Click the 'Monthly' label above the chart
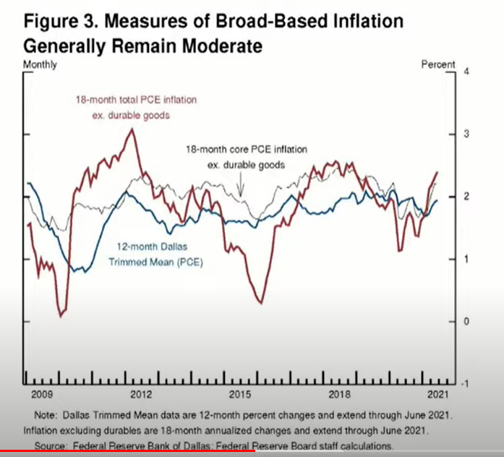tap(40, 64)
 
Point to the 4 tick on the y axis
tap(466, 73)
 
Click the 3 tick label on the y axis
tap(466, 134)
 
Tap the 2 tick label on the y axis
tap(466, 197)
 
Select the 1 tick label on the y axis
tap(466, 259)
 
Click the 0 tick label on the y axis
tap(466, 321)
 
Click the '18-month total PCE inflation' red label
tap(136, 99)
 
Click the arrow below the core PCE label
tap(242, 187)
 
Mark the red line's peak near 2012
tap(131, 129)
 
